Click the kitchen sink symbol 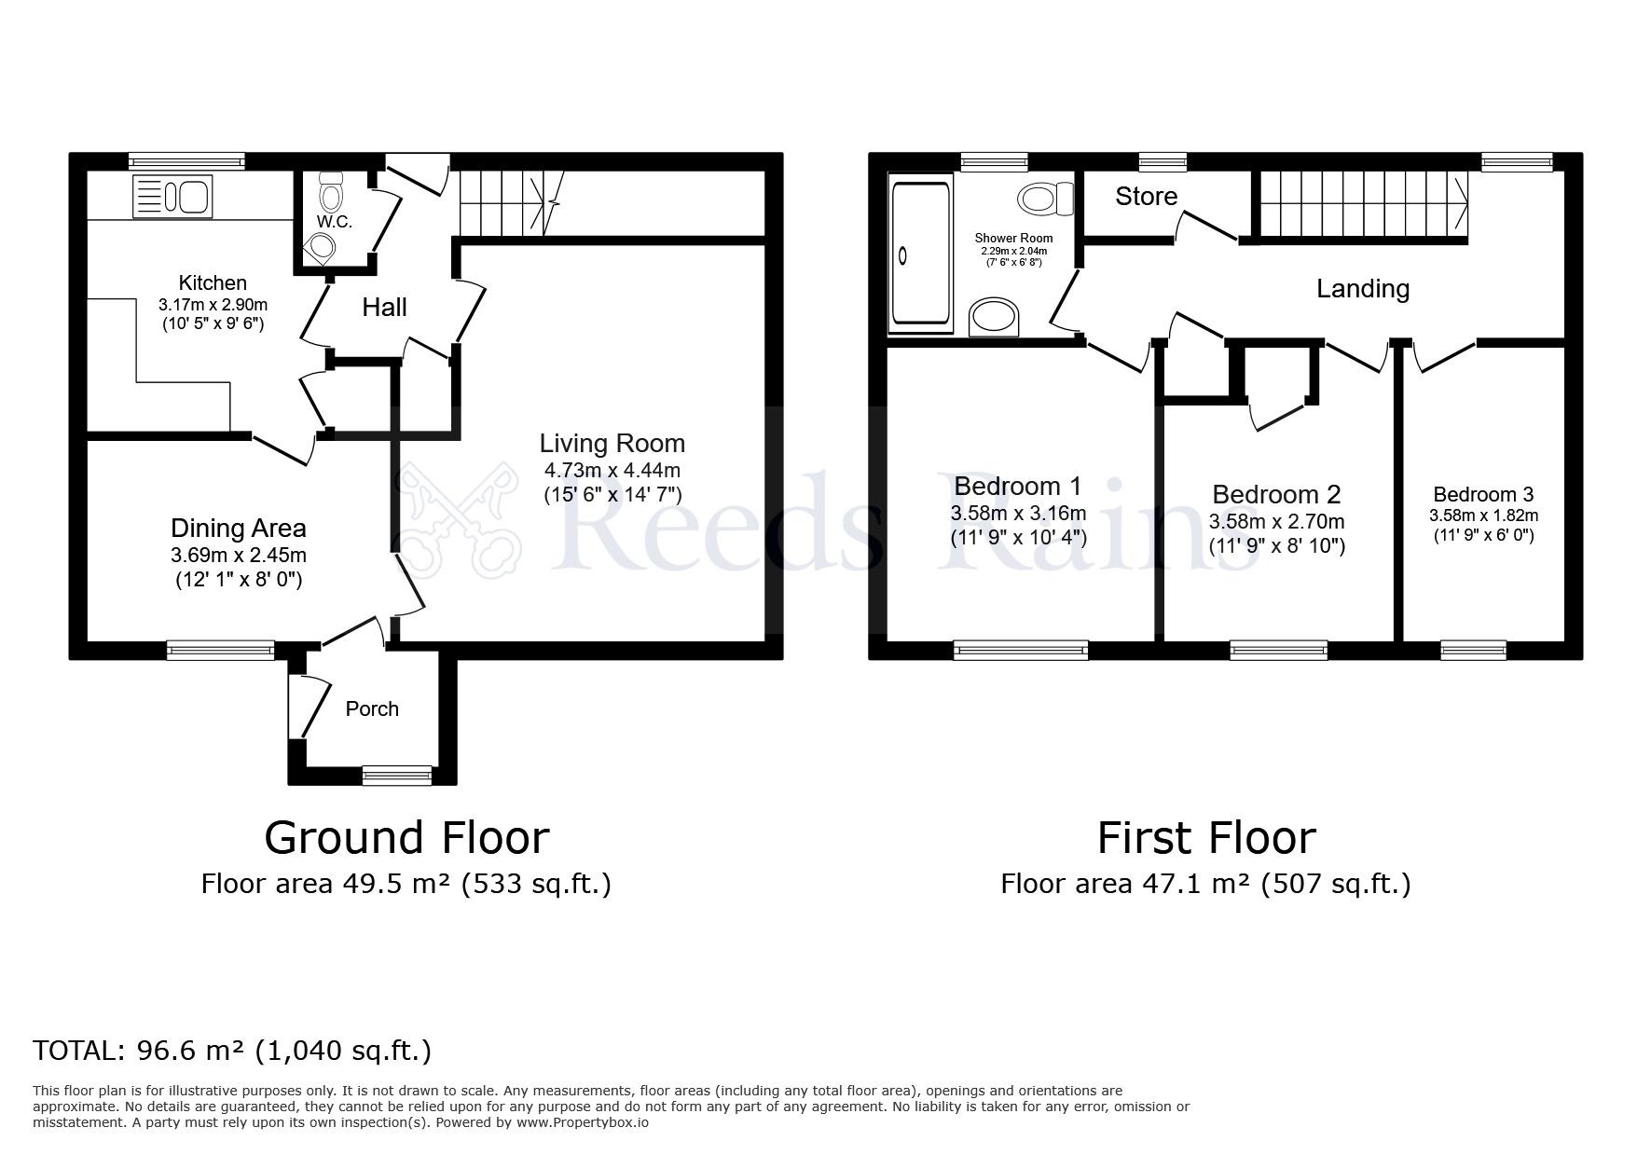[173, 197]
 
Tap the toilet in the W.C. [330, 193]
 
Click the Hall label [384, 308]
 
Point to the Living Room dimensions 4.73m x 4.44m [612, 471]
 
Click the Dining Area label [238, 529]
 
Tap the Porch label [372, 709]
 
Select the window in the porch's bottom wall [397, 775]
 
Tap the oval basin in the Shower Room [996, 317]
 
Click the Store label [1146, 197]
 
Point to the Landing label [1362, 289]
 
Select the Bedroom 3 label [1482, 495]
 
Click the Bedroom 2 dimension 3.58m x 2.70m [1276, 522]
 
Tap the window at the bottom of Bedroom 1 [1021, 650]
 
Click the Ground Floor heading [406, 837]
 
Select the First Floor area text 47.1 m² [1196, 884]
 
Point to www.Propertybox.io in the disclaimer [582, 1122]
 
